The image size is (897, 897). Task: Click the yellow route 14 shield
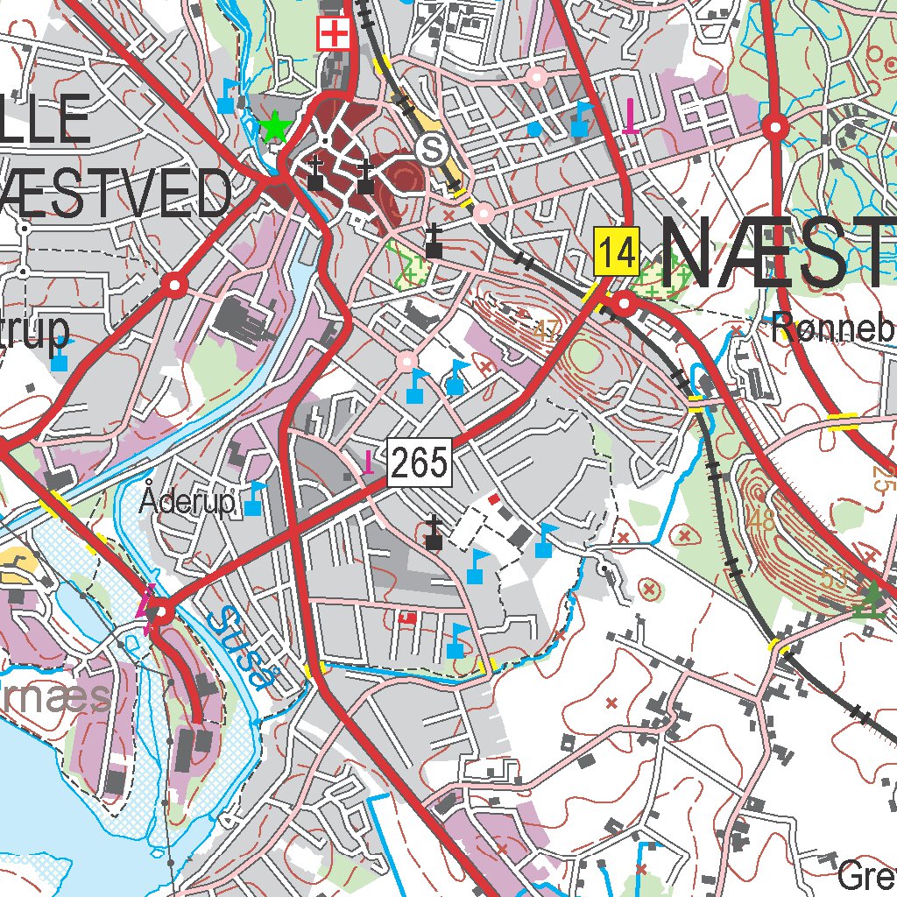(x=618, y=252)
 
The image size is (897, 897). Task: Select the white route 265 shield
(x=420, y=461)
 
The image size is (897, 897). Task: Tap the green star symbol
(x=275, y=128)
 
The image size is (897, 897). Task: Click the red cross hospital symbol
(x=333, y=35)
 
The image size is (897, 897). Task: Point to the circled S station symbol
(x=431, y=149)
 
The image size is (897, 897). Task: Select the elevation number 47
(x=547, y=330)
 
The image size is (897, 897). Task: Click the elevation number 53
(x=837, y=577)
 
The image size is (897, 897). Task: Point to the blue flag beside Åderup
(x=255, y=498)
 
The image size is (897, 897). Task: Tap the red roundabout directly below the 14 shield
(x=625, y=304)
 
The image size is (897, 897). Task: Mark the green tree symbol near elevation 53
(x=871, y=601)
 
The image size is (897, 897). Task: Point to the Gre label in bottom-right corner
(x=865, y=874)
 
